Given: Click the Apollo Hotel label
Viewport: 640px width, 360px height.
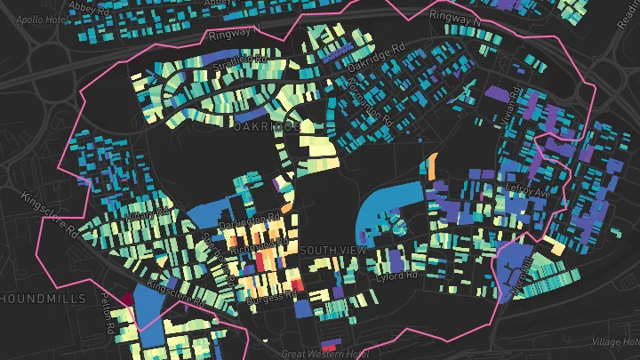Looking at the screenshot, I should click(x=35, y=18).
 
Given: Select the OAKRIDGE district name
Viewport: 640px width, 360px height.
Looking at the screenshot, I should click(x=266, y=128).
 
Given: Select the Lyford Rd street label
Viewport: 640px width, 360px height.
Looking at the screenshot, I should click(x=396, y=276).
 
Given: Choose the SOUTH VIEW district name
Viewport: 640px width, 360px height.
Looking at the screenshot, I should click(x=333, y=251).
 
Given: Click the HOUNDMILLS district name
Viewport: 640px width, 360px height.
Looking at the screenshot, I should click(x=44, y=298).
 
